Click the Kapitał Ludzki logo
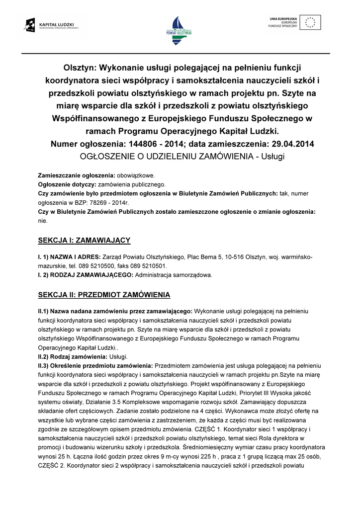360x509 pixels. (x=53, y=25)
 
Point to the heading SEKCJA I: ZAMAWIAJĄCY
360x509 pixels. (x=84, y=241)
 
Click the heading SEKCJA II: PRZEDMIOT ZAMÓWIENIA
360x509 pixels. (x=104, y=295)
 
